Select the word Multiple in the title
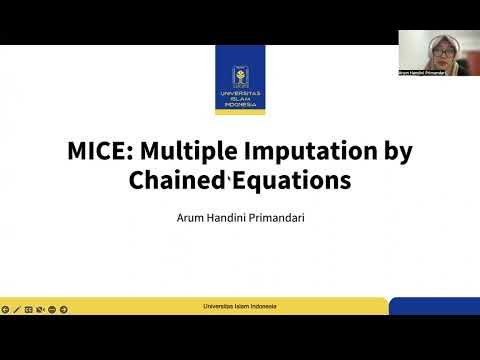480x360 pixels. click(x=181, y=153)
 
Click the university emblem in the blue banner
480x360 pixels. click(x=240, y=72)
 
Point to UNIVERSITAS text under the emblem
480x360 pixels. click(x=240, y=96)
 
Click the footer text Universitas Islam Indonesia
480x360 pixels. click(x=240, y=306)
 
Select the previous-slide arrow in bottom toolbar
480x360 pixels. click(x=5, y=309)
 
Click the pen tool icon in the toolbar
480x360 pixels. click(x=17, y=309)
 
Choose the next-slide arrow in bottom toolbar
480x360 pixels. click(x=64, y=309)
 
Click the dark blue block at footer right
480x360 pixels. click(x=434, y=306)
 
